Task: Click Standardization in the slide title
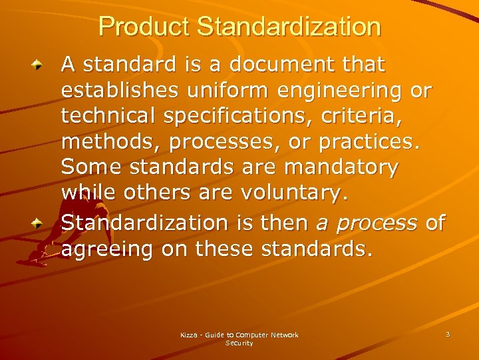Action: click(x=289, y=27)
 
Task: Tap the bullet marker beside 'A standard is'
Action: click(x=41, y=65)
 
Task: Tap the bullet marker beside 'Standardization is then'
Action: click(x=41, y=223)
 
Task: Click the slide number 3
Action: click(x=448, y=333)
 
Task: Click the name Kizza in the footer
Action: click(x=189, y=335)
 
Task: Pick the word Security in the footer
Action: click(x=239, y=343)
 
